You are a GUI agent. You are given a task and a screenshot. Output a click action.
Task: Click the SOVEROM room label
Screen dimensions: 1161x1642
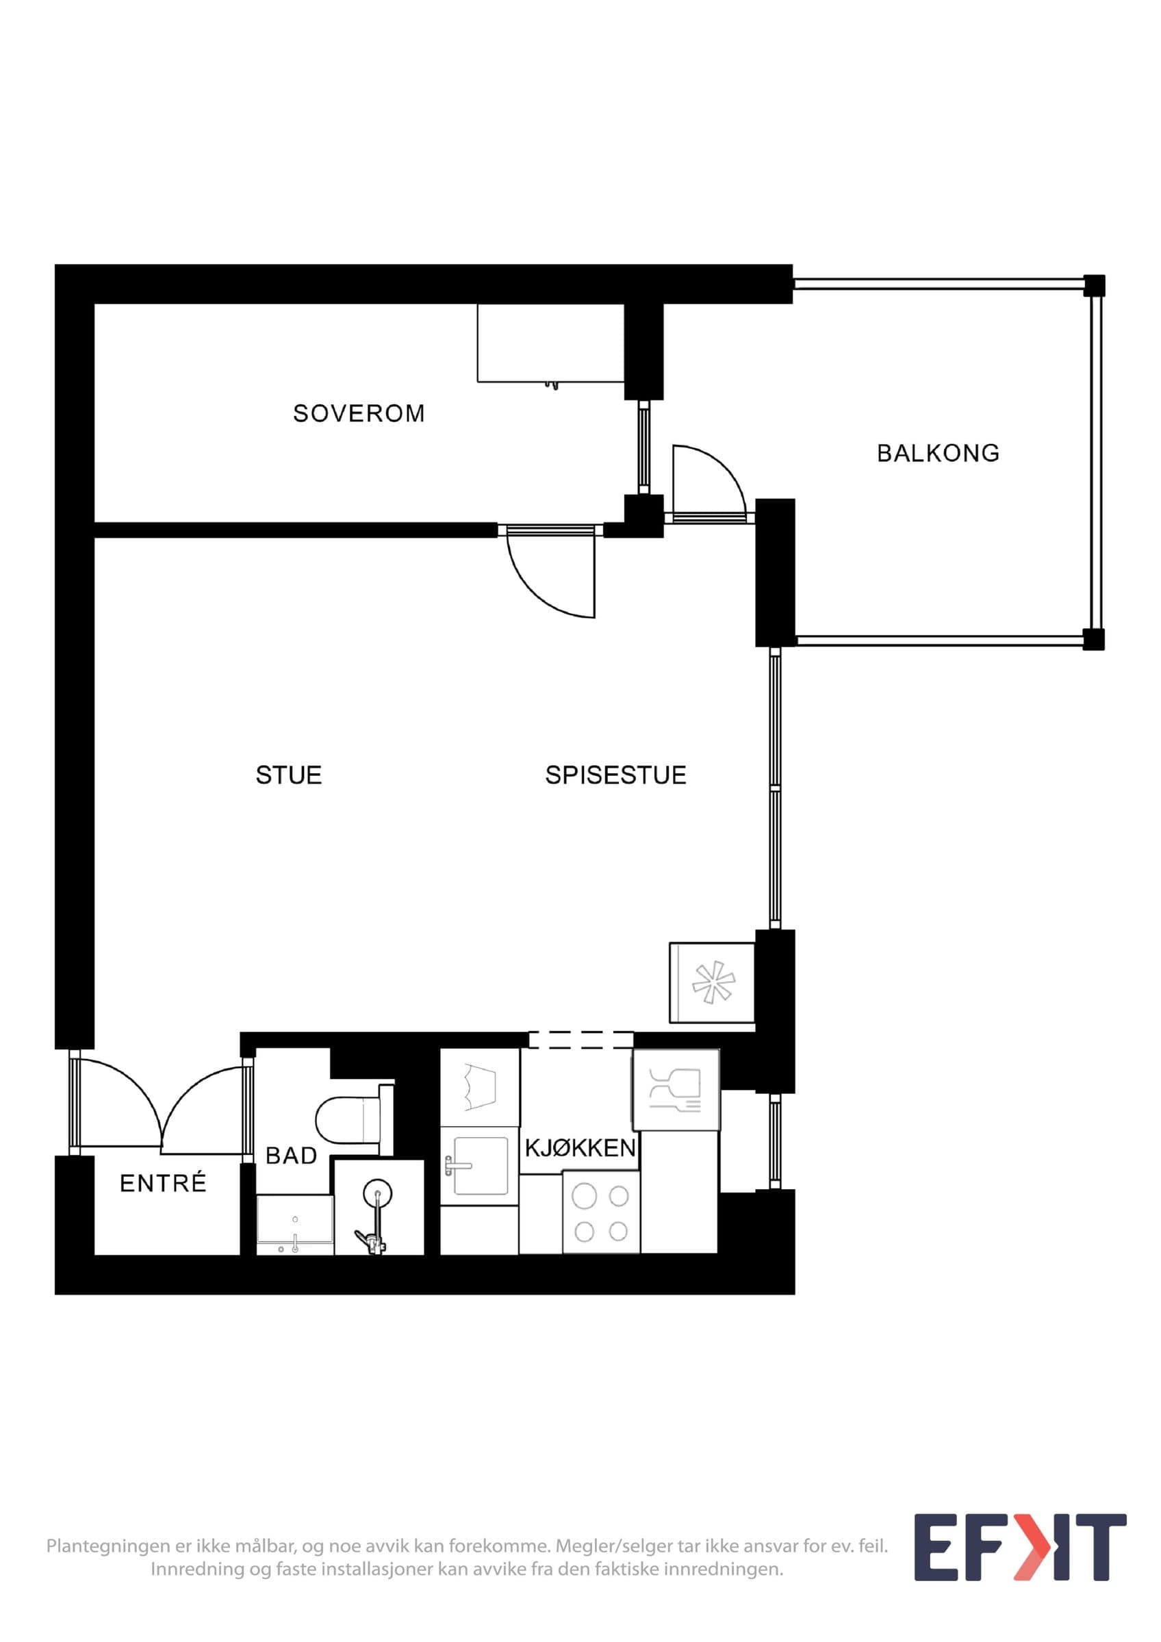tap(359, 413)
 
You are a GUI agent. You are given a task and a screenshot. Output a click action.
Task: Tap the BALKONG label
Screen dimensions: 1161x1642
tap(938, 453)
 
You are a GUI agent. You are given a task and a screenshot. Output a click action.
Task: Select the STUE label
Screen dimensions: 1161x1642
tap(288, 775)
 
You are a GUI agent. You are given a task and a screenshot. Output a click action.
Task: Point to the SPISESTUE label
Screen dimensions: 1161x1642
tap(615, 775)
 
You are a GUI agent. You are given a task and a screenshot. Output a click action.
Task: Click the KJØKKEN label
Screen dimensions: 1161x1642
tap(580, 1148)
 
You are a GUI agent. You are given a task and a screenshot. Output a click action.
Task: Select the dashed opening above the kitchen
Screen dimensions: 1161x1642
tap(581, 1040)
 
